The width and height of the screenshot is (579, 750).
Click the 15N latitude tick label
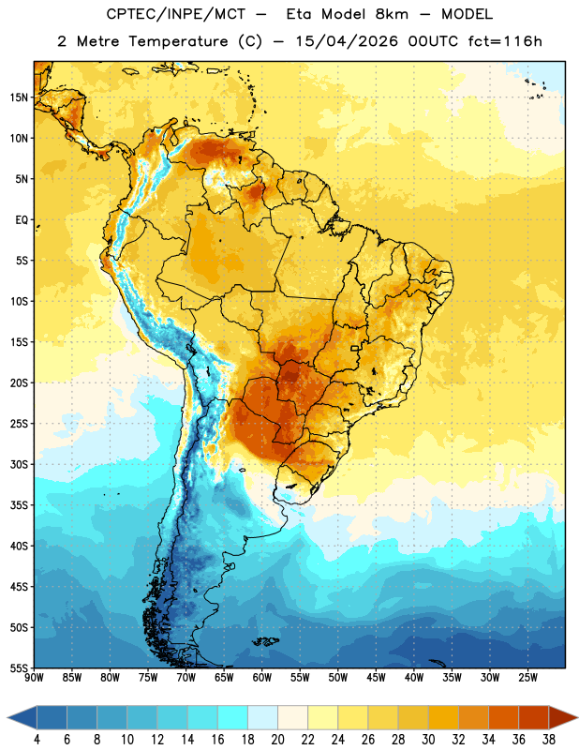19,97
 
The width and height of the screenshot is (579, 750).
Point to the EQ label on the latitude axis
22,220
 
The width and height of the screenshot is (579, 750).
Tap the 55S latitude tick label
19,667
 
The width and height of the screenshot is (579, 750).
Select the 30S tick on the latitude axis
19,464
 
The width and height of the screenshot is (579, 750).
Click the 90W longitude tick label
34,677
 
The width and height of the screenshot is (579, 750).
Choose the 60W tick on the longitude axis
262,677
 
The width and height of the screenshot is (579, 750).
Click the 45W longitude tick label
376,677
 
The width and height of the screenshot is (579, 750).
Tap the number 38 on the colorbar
548,740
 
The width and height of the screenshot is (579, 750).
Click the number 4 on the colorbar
37,740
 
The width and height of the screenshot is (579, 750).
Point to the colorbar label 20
277,740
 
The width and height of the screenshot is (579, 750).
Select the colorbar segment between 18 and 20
263,717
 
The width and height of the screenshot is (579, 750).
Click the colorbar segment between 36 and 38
534,717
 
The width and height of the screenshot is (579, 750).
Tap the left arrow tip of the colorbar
7,717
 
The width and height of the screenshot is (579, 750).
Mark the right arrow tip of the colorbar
577,717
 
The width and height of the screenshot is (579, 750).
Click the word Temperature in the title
178,41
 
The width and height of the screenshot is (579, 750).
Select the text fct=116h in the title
505,41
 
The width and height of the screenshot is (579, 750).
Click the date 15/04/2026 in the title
347,41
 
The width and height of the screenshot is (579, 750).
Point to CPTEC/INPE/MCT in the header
176,14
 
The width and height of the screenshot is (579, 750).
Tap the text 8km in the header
392,14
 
